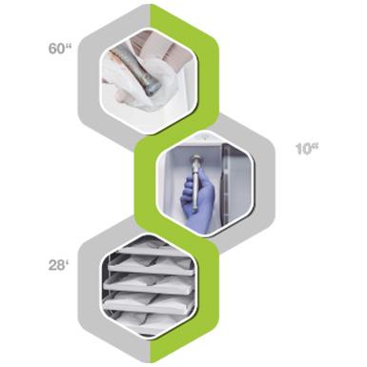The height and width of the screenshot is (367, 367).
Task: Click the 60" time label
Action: click(x=60, y=49)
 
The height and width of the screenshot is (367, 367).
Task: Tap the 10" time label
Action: click(x=307, y=149)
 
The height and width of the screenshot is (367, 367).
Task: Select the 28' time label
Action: click(x=59, y=265)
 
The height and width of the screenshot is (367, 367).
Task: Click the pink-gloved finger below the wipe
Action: click(x=121, y=95)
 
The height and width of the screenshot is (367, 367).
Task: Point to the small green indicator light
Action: click(x=205, y=137)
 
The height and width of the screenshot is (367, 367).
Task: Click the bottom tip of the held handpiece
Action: click(x=194, y=210)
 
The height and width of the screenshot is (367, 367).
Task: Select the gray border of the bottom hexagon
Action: click(x=89, y=286)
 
